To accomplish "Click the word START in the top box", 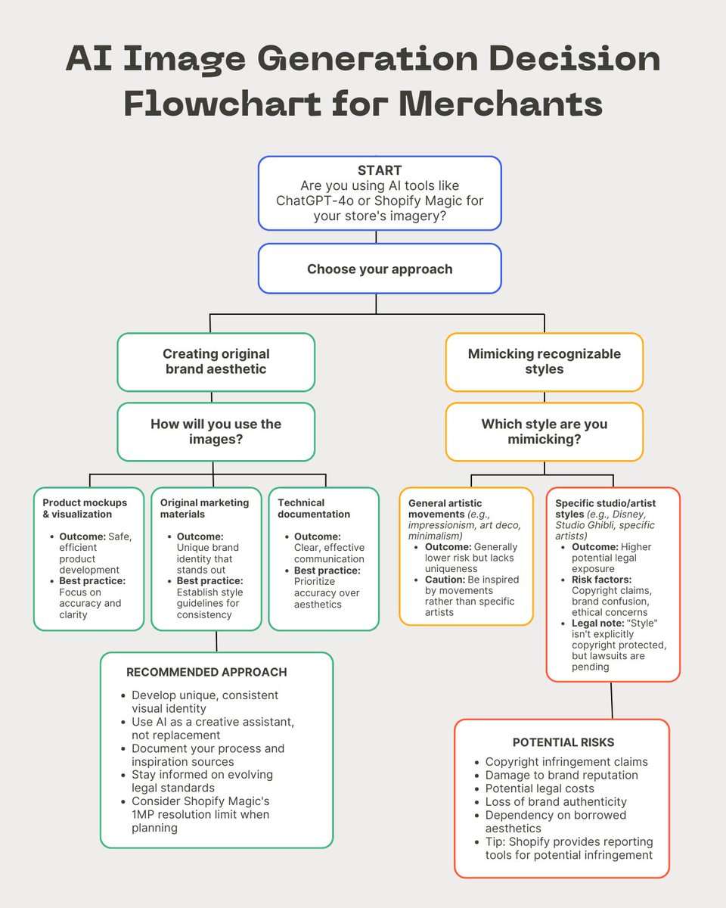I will click(380, 170).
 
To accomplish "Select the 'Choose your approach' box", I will click(380, 269).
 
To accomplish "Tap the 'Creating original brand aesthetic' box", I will click(216, 361).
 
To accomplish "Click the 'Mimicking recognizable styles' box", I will click(544, 361).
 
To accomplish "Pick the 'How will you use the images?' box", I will click(216, 431).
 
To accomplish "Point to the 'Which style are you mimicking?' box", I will click(544, 431).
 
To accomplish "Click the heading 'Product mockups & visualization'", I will click(85, 508).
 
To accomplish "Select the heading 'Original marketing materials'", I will click(203, 508).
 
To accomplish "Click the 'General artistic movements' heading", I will click(445, 503).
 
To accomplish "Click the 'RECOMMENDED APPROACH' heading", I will click(206, 672).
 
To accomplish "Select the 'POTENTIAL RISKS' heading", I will click(563, 742).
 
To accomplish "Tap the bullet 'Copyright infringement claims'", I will click(566, 762).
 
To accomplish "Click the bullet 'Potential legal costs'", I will click(540, 788).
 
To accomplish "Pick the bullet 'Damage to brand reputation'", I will click(562, 775).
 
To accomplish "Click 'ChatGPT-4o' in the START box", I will click(312, 201).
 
